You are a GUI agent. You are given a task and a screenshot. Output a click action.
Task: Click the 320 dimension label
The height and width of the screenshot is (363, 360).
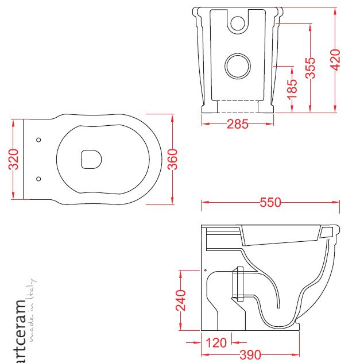click(x=13, y=159)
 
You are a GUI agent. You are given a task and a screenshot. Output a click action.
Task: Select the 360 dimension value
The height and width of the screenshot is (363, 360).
click(x=173, y=159)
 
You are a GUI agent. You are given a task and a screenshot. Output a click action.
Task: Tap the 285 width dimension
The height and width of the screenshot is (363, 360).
click(x=238, y=124)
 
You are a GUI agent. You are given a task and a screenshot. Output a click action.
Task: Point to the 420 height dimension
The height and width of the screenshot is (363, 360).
click(x=335, y=60)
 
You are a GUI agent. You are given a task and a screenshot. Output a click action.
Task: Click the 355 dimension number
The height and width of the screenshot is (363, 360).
click(x=310, y=68)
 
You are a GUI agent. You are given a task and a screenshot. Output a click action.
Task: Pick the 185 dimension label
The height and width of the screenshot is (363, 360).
click(x=292, y=90)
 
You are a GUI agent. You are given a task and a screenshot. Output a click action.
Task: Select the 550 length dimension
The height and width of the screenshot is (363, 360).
click(x=270, y=202)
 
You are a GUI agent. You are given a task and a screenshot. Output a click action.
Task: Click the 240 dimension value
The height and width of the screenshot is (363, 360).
click(x=181, y=300)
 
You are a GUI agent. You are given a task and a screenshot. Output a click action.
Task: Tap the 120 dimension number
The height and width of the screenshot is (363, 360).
click(x=216, y=343)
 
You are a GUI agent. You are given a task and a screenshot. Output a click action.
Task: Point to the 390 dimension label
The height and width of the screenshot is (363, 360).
click(x=250, y=355)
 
